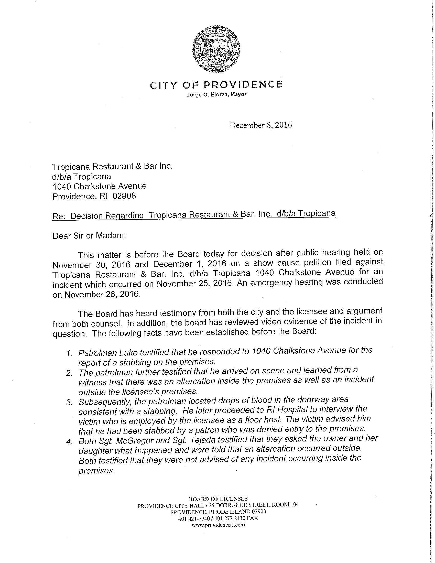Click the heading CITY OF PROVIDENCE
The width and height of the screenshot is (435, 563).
pyautogui.click(x=216, y=84)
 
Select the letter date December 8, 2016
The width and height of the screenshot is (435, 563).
pyautogui.click(x=261, y=125)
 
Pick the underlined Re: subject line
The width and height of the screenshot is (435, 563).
pyautogui.click(x=194, y=215)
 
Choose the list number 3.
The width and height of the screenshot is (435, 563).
pyautogui.click(x=68, y=403)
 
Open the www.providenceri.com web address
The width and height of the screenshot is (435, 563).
pyautogui.click(x=218, y=525)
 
